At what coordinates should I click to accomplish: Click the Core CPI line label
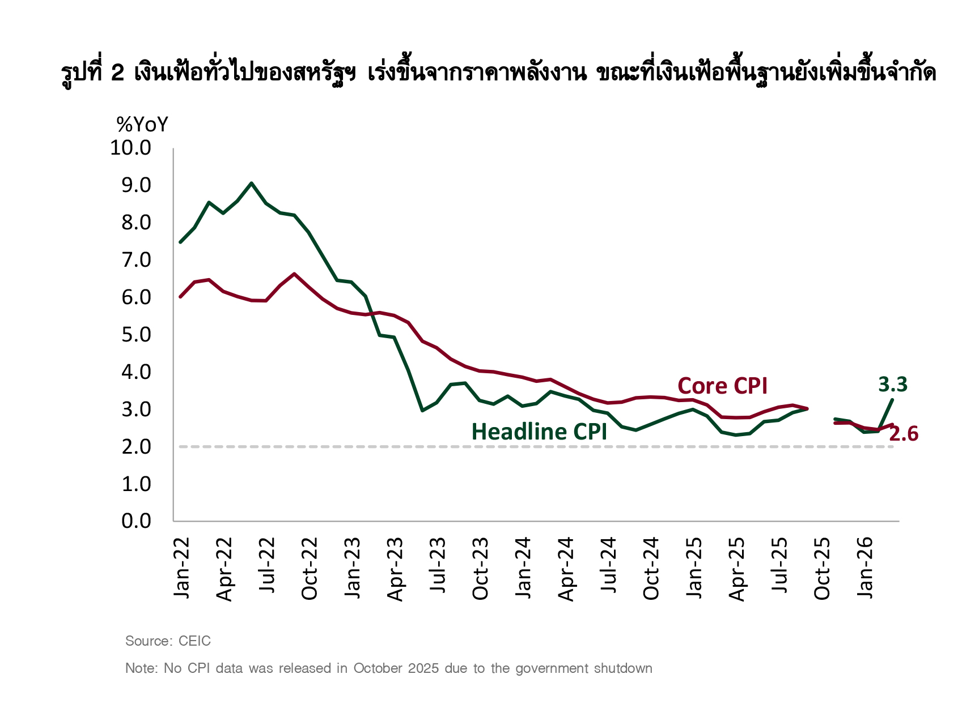coord(722,386)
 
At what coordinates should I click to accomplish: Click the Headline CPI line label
coord(539,432)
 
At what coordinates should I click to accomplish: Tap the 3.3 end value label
coord(892,385)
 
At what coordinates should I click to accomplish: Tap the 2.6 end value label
coord(903,434)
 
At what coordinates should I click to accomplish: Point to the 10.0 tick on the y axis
coord(131,148)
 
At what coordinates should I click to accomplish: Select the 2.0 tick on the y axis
coord(136,447)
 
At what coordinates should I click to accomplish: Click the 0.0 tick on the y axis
coord(136,521)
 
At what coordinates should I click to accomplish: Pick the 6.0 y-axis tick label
coord(136,297)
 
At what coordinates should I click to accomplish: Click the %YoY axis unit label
coord(142,125)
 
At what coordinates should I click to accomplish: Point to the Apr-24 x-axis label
coord(566,569)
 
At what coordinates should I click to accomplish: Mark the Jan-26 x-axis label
coord(865,568)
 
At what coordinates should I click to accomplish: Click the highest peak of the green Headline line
coord(252,184)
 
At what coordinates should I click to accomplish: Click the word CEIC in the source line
coord(194,641)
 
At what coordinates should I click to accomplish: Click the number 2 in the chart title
coord(118,73)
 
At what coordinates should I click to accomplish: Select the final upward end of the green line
coord(893,400)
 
